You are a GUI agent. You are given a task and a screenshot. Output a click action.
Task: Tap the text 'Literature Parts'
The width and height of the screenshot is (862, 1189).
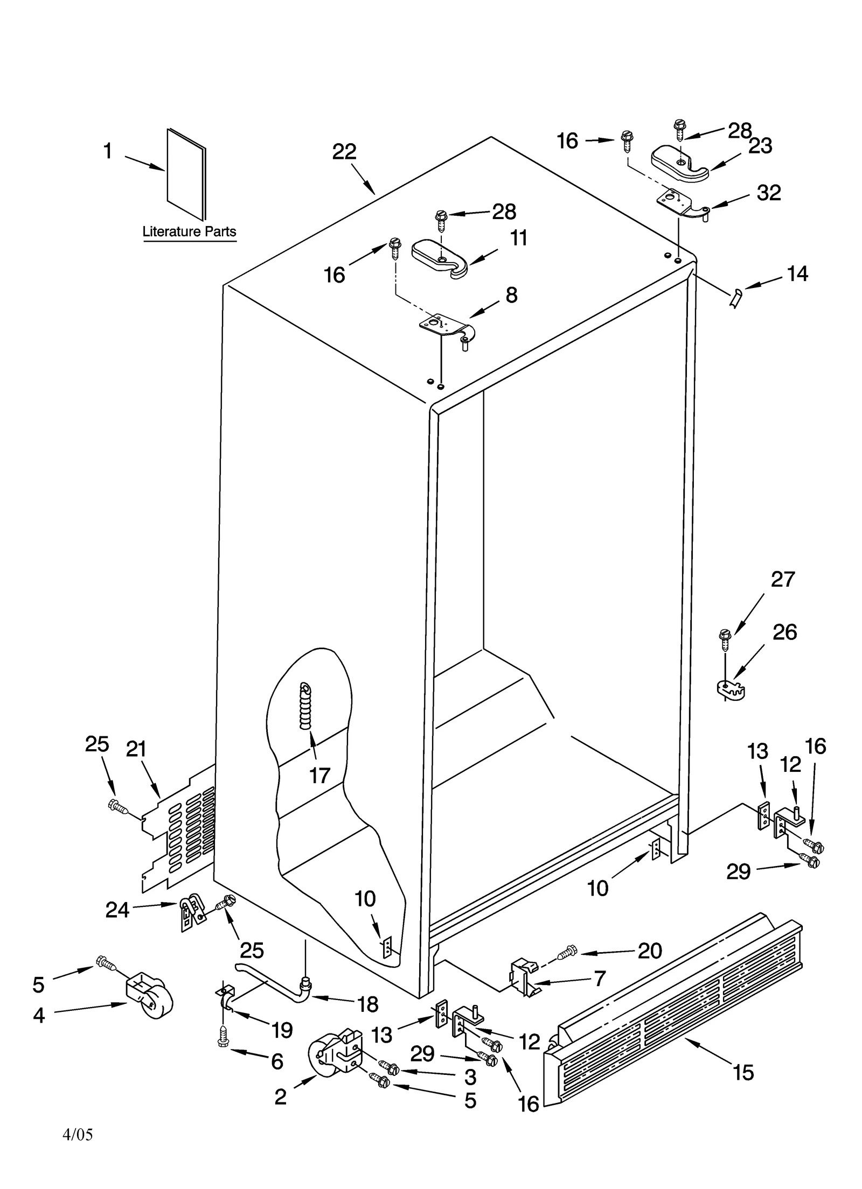point(189,231)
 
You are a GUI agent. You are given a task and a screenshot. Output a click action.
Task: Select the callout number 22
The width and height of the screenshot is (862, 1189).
point(344,152)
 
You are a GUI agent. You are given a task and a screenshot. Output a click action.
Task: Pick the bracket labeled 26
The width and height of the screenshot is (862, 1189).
point(731,690)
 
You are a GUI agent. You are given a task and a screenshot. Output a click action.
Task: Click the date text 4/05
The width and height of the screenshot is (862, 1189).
point(78,1134)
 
